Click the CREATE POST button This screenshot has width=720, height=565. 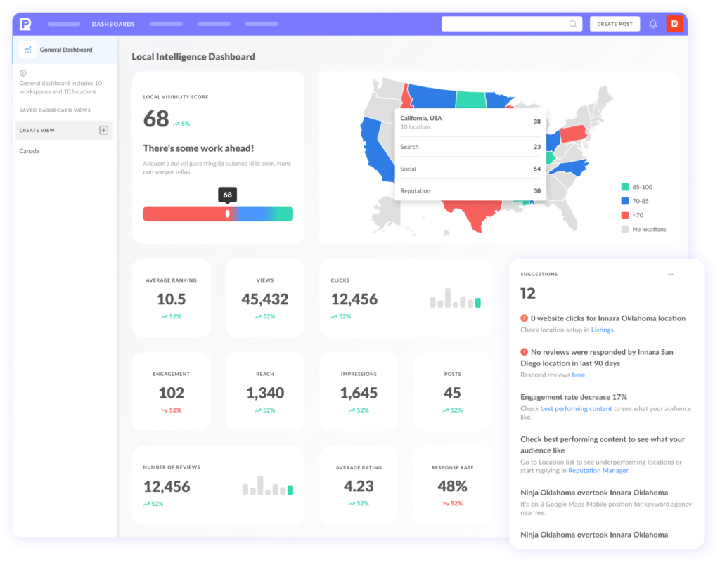[615, 24]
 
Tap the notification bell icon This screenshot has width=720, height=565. [653, 24]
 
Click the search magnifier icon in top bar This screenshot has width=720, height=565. [573, 24]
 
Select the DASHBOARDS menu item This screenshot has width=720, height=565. [113, 24]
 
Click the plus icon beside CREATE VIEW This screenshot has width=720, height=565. [103, 130]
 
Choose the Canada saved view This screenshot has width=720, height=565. [30, 151]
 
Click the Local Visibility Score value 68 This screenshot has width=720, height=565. [156, 118]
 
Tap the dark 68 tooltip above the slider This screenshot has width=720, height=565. [227, 195]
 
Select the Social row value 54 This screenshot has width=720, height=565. [536, 169]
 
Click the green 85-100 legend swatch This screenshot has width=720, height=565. [625, 187]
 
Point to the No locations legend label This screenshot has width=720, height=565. [648, 229]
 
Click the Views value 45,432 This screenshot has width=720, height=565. [265, 299]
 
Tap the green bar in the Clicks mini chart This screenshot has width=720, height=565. [478, 303]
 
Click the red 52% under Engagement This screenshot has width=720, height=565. [171, 410]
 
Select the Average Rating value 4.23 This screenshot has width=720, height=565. [359, 486]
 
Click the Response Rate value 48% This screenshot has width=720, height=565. [452, 486]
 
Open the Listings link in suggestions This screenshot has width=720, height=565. [602, 330]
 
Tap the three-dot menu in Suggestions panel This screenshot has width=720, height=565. [670, 275]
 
